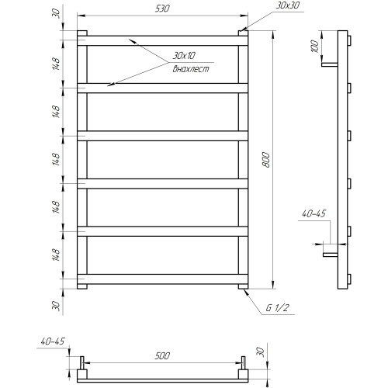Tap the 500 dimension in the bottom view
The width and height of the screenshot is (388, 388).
161,356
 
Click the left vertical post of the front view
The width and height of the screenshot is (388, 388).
81,159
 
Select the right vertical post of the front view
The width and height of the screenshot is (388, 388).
244,159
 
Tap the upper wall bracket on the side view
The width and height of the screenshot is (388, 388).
330,64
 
